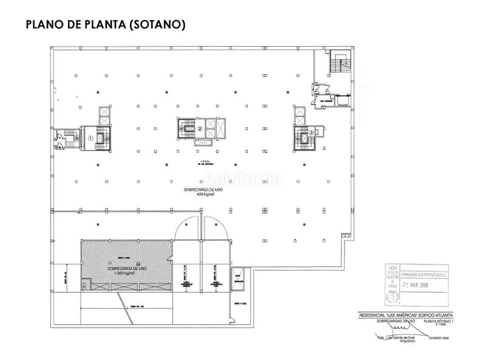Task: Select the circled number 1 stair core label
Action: [90, 138]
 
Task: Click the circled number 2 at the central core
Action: [199, 128]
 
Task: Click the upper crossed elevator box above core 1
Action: [103, 112]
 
